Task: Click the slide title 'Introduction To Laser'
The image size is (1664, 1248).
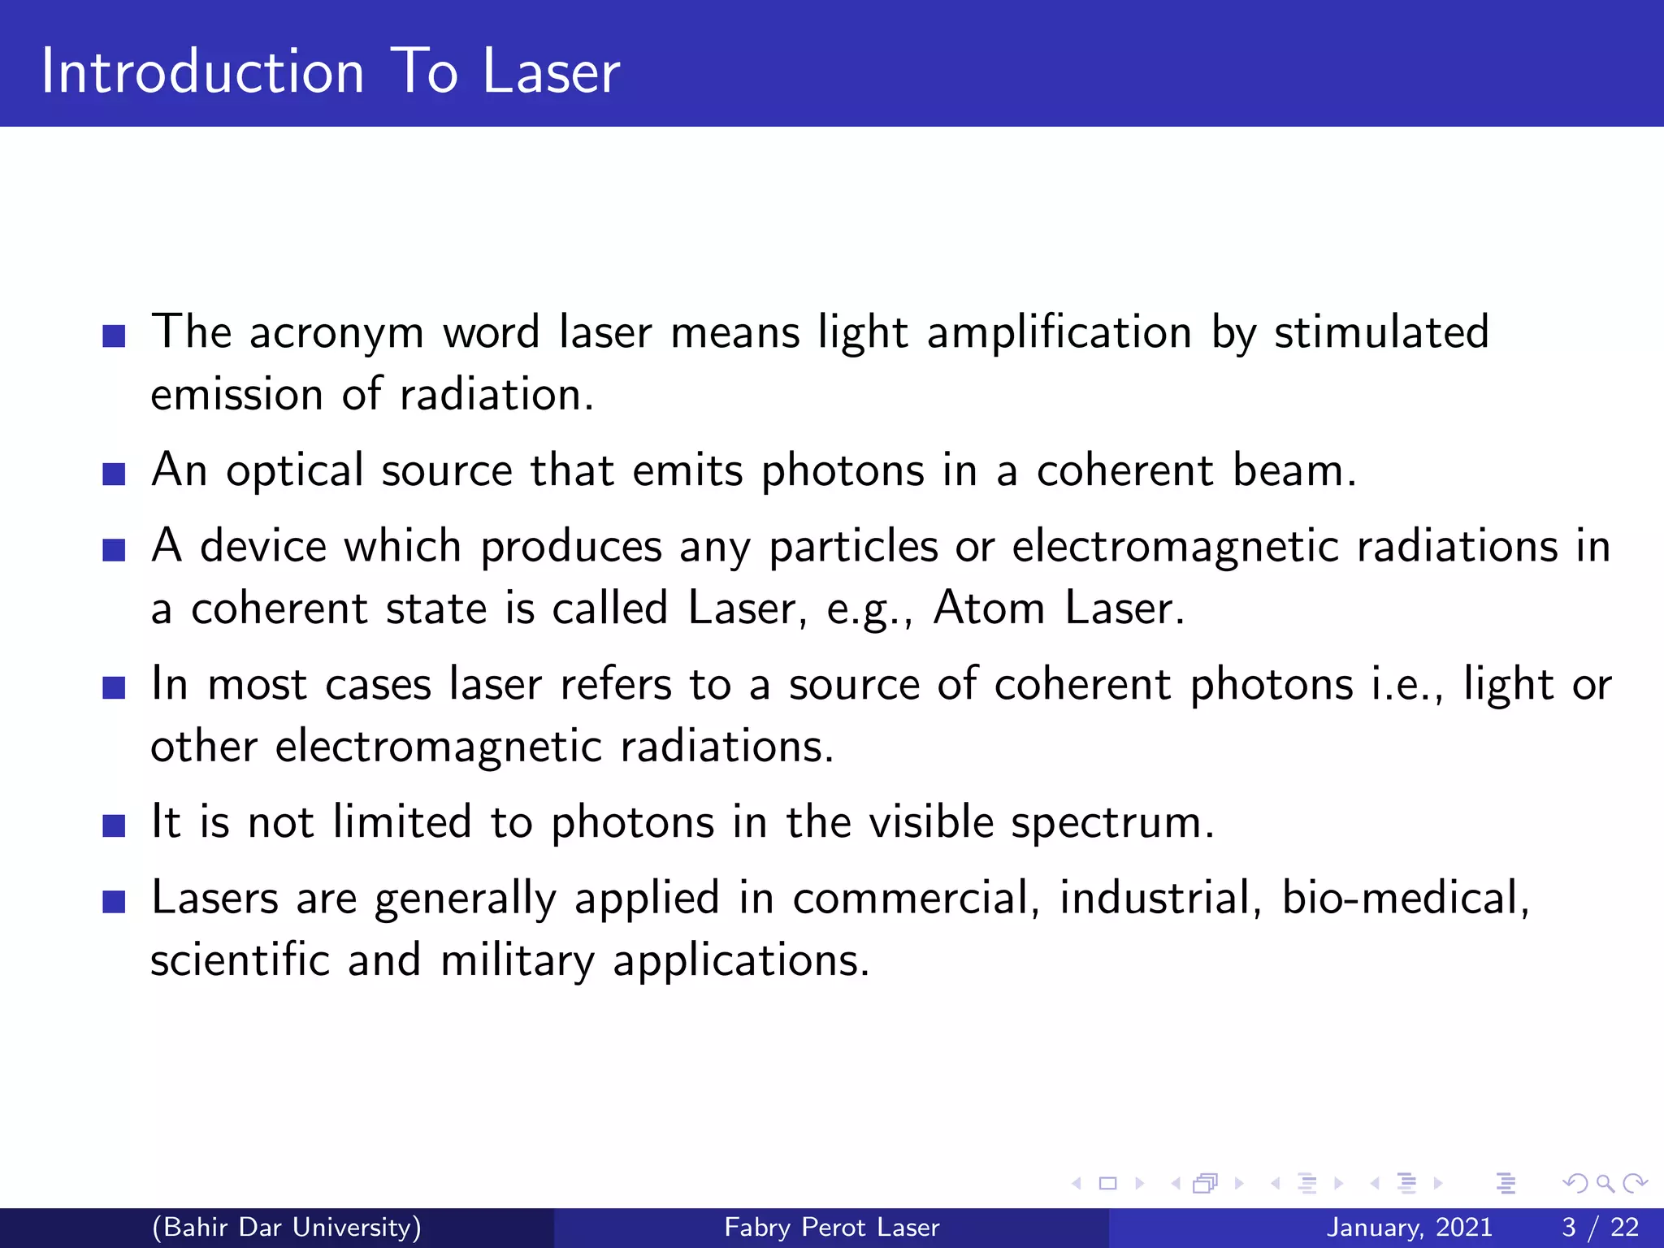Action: pos(330,71)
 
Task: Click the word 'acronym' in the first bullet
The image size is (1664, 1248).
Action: pos(336,333)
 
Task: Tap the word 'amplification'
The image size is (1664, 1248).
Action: pos(1059,333)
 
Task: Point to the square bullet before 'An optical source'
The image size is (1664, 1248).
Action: pos(115,473)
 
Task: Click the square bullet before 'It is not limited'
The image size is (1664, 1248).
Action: pos(115,825)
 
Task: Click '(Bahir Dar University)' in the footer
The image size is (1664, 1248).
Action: pos(287,1227)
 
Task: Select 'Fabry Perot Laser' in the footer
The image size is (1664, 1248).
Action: pos(831,1227)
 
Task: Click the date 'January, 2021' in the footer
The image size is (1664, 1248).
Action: pos(1409,1227)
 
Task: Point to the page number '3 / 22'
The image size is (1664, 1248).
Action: pos(1600,1227)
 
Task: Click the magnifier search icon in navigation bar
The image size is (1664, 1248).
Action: pos(1604,1184)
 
